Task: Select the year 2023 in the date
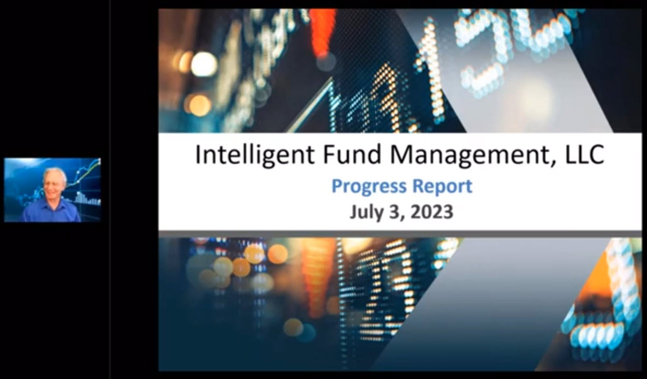pos(432,212)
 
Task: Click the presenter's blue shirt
pos(51,211)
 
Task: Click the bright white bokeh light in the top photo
pos(204,64)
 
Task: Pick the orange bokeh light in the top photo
pos(200,105)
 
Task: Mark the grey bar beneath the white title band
pos(400,234)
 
